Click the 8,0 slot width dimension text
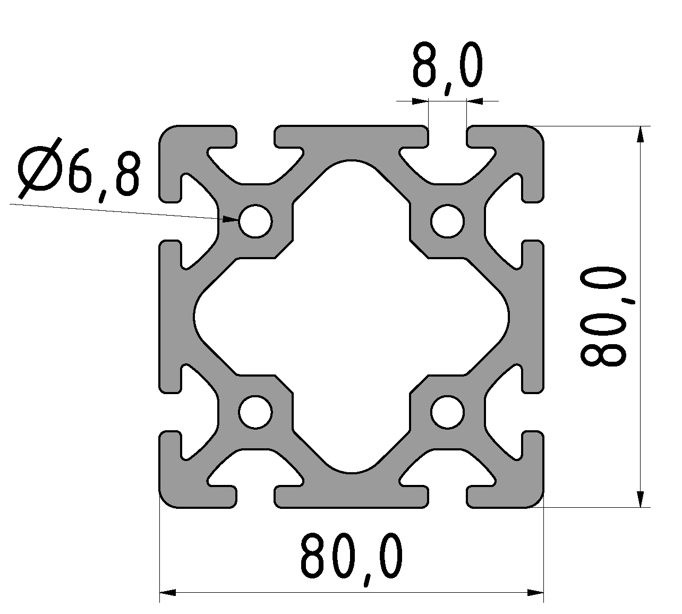(x=447, y=67)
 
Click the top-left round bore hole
(x=255, y=220)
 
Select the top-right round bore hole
(x=447, y=220)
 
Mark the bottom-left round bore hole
(x=255, y=412)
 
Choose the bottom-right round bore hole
(x=447, y=412)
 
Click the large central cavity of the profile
(x=352, y=316)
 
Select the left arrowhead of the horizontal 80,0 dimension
(x=168, y=592)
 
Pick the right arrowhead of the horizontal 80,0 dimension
(x=535, y=592)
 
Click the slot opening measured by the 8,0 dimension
(x=447, y=136)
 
